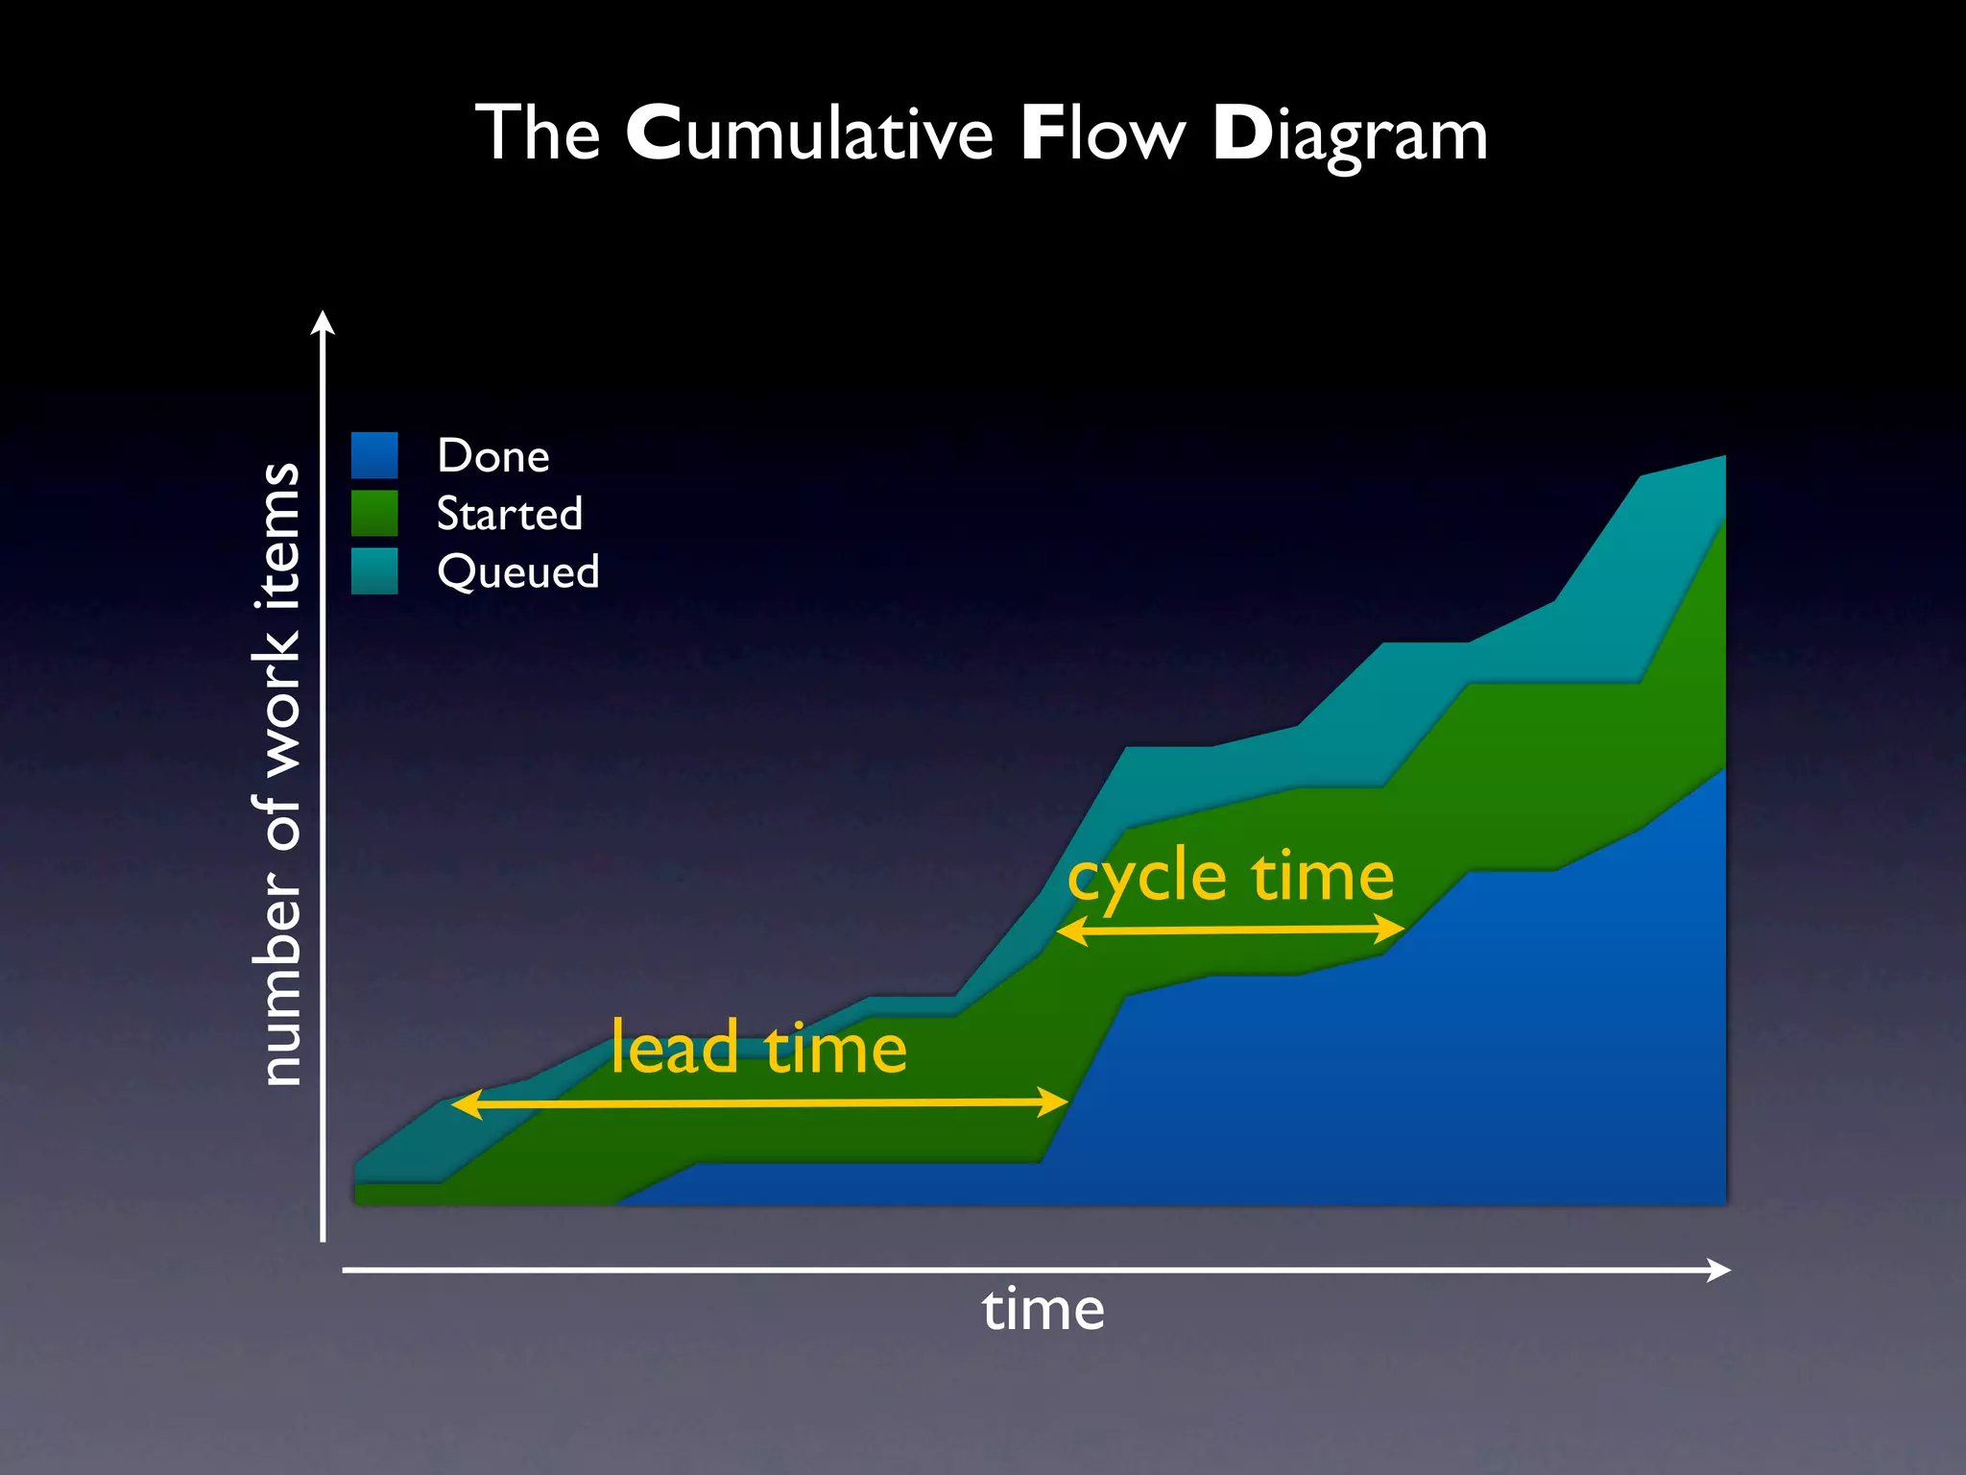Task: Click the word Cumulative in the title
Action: [809, 133]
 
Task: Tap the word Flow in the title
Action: [1103, 133]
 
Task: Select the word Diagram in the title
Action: [1350, 135]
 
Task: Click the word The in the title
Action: [538, 133]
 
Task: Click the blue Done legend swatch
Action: [374, 455]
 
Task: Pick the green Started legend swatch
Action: [374, 513]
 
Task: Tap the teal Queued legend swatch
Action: [374, 570]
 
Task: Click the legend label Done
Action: [493, 456]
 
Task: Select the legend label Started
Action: [510, 514]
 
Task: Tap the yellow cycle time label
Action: [1231, 878]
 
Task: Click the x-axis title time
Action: [1043, 1311]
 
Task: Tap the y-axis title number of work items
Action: [279, 774]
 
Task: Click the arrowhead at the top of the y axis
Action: [324, 323]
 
